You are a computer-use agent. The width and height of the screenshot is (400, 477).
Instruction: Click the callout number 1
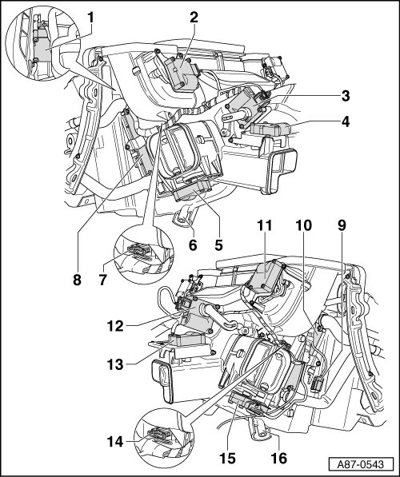point(90,18)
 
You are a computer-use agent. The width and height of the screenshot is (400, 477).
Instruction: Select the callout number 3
point(345,96)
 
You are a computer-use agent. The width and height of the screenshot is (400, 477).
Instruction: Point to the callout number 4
point(345,121)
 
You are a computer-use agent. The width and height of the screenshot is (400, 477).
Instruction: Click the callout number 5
point(218,244)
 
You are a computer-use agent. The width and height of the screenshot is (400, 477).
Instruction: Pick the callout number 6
point(193,244)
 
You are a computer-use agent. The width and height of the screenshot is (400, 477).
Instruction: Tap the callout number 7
point(102,280)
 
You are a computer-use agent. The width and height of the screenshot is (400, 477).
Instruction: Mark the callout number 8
point(77,280)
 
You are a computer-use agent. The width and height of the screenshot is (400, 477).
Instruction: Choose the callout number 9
point(342,226)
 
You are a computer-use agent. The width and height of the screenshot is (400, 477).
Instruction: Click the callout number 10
point(303,226)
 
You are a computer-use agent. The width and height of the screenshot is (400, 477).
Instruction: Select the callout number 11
point(265,226)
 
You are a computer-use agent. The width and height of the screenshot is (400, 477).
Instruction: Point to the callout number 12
point(115,326)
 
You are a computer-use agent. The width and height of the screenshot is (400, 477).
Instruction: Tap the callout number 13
point(115,364)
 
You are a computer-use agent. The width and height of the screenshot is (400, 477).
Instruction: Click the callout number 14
point(115,442)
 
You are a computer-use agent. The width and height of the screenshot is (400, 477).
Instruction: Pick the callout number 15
point(227,458)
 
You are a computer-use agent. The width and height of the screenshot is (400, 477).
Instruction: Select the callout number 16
point(278,458)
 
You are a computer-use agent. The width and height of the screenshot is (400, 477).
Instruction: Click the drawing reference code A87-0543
point(360,464)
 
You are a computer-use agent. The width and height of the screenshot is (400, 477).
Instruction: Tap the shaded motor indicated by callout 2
point(182,73)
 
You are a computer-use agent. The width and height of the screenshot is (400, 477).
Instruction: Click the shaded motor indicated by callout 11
point(266,276)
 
